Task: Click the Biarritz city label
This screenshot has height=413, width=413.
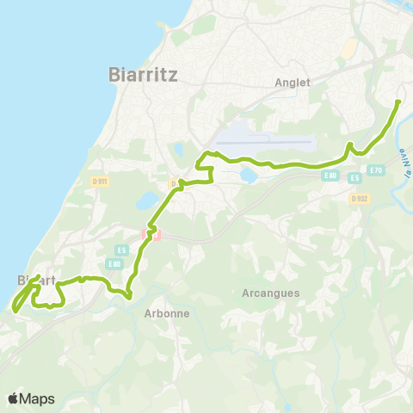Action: point(144,74)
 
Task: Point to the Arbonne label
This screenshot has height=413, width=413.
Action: point(166,313)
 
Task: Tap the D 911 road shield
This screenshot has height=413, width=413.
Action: point(100,182)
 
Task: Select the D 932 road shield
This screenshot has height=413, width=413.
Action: point(360,198)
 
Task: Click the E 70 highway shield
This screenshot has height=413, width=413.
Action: point(375,170)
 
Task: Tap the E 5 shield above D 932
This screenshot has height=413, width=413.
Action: point(354,178)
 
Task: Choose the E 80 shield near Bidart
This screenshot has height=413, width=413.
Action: point(114,263)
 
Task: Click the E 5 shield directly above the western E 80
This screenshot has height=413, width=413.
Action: point(121,250)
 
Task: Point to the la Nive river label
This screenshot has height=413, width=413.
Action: point(404,163)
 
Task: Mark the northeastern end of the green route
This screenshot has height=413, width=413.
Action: point(398,102)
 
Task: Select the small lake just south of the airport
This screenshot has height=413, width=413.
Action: point(248,176)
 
